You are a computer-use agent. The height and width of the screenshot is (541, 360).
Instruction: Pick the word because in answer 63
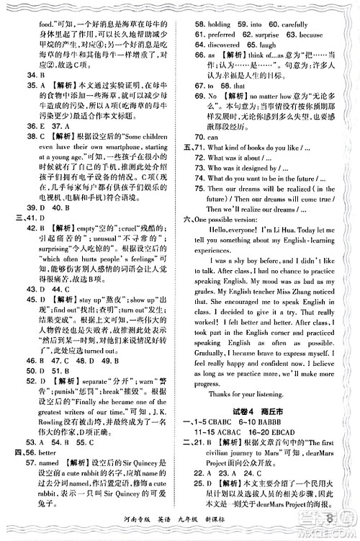[309, 34]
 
